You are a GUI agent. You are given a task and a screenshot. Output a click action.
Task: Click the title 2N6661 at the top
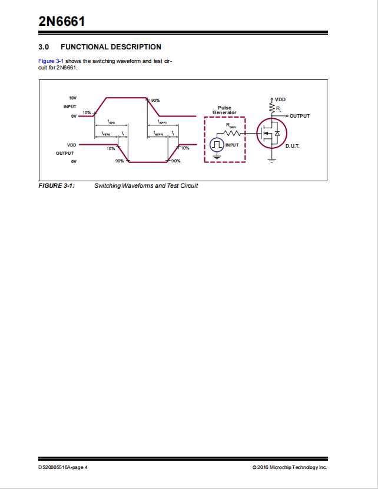pos(62,22)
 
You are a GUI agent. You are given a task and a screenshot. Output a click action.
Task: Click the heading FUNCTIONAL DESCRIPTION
pos(111,47)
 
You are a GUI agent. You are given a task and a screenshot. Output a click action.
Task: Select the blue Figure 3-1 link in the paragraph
pos(51,61)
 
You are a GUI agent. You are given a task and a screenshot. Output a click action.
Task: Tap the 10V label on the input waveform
pos(72,98)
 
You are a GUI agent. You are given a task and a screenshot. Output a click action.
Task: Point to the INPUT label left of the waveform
pos(70,107)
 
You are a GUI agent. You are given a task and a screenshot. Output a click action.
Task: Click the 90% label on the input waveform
pos(155,101)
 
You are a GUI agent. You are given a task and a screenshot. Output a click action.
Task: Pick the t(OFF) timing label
pos(163,122)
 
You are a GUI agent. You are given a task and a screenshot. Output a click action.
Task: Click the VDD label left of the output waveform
pos(72,145)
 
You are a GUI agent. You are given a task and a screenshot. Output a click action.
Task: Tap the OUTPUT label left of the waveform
pos(65,153)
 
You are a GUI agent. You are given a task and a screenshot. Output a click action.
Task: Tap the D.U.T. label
pos(293,145)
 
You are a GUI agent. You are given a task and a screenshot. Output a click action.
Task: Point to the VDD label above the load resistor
pos(280,99)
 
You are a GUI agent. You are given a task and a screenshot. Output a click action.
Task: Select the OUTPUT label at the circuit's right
pos(299,116)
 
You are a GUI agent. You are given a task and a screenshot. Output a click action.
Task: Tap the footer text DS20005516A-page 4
pos(63,467)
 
